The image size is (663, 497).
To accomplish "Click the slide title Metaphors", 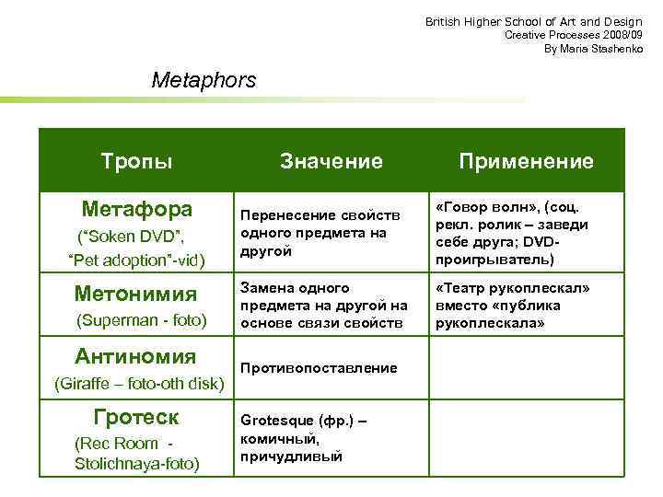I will tap(204, 80).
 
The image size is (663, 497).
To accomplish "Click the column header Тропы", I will tap(136, 162).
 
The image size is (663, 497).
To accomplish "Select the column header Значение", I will tap(331, 162).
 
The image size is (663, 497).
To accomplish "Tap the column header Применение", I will tap(526, 162).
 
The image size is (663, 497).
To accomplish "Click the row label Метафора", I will tap(137, 207).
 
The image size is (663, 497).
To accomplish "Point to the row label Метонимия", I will tap(135, 295).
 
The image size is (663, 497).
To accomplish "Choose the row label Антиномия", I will tap(135, 356).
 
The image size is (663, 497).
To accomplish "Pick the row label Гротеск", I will tap(136, 417).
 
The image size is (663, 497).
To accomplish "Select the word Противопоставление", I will tap(319, 368).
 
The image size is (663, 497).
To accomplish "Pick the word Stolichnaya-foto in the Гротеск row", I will tap(137, 463).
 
